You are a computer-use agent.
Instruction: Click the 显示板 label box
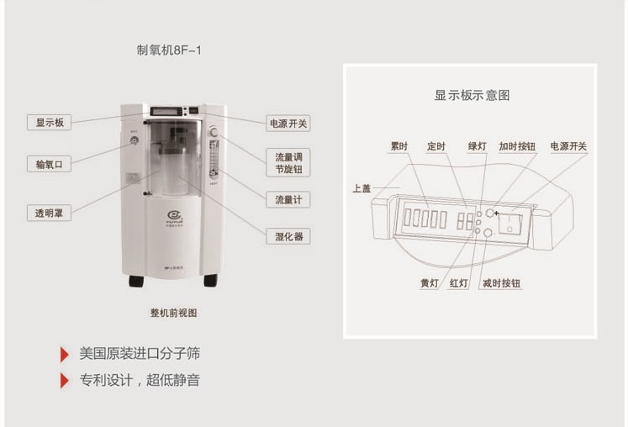pyautogui.click(x=49, y=123)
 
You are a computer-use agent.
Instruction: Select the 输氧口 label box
pyautogui.click(x=49, y=165)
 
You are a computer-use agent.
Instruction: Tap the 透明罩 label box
pyautogui.click(x=49, y=213)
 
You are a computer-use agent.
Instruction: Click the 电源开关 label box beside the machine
pyautogui.click(x=288, y=124)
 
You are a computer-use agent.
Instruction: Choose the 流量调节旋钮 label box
pyautogui.click(x=288, y=163)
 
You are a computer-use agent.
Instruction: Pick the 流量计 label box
pyautogui.click(x=288, y=200)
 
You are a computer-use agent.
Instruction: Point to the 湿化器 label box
pyautogui.click(x=288, y=236)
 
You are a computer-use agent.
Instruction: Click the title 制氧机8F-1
pyautogui.click(x=169, y=50)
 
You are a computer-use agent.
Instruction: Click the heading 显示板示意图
pyautogui.click(x=471, y=95)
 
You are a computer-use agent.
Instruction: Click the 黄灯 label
pyautogui.click(x=429, y=283)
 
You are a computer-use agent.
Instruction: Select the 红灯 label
pyautogui.click(x=458, y=283)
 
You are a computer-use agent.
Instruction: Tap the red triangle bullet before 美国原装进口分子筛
pyautogui.click(x=65, y=354)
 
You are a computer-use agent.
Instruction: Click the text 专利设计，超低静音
pyautogui.click(x=140, y=380)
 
